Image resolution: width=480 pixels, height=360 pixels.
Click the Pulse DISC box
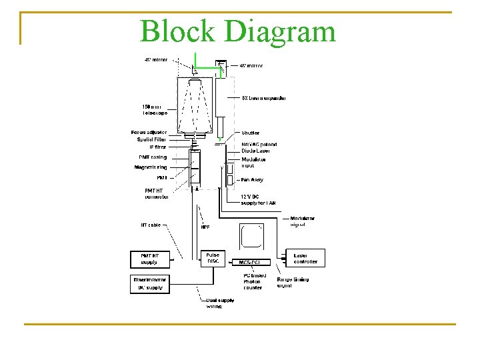213,258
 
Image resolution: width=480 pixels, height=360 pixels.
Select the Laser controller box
305,259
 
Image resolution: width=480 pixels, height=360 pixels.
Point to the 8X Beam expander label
264,99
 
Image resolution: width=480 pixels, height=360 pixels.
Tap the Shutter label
251,133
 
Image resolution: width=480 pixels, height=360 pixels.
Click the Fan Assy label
252,180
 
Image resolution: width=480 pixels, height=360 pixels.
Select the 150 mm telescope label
155,109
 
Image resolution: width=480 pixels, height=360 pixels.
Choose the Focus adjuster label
149,133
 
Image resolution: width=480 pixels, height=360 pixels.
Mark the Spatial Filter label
152,139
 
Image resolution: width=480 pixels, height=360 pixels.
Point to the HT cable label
150,225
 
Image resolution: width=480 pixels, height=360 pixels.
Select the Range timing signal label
298,283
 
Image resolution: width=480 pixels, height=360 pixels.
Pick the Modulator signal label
303,221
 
